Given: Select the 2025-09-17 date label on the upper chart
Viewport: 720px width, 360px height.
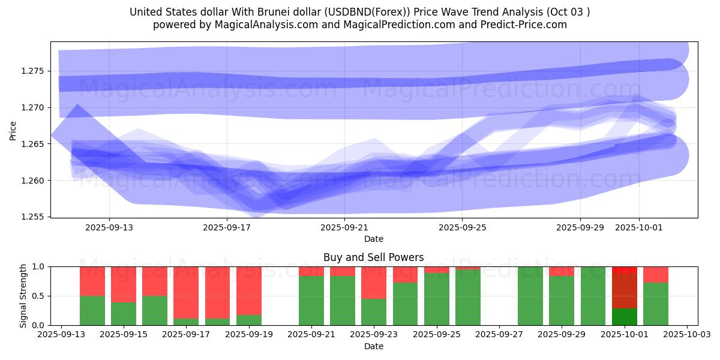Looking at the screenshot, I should pyautogui.click(x=227, y=228).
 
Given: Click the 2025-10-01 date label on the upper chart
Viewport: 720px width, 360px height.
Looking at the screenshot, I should pyautogui.click(x=638, y=228).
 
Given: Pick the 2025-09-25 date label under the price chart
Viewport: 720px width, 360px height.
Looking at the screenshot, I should pyautogui.click(x=462, y=228).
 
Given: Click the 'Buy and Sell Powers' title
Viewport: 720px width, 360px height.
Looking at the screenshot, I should pyautogui.click(x=373, y=257).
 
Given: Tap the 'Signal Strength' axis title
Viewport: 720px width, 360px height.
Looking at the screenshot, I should pyautogui.click(x=23, y=295).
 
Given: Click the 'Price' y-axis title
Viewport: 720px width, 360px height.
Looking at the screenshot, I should pyautogui.click(x=13, y=130).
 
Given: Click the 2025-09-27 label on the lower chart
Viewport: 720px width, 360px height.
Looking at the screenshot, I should pyautogui.click(x=499, y=335).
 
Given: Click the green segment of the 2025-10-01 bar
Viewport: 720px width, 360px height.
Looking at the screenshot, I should pyautogui.click(x=625, y=317).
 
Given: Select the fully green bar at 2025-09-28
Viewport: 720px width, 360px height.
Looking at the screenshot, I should pyautogui.click(x=530, y=296).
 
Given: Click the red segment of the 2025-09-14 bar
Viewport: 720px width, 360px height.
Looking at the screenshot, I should pyautogui.click(x=92, y=281).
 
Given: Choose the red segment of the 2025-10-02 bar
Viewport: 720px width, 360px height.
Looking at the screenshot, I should pyautogui.click(x=656, y=274).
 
